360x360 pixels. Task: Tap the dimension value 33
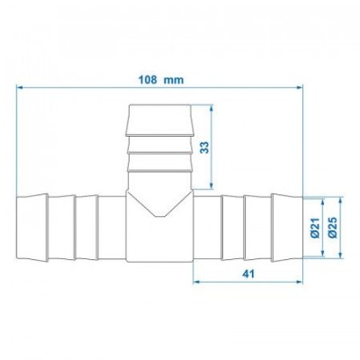point(204,148)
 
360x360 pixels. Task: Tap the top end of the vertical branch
point(158,107)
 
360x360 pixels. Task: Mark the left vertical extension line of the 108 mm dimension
point(18,135)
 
